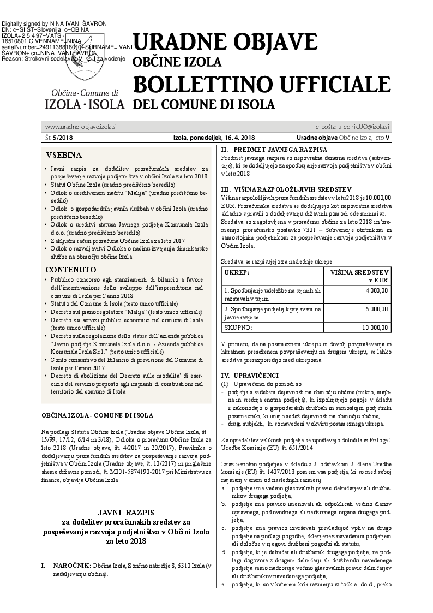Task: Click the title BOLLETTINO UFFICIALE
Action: [262, 84]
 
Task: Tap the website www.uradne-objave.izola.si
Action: [81, 127]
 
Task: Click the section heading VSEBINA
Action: [64, 154]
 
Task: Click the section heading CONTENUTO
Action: [71, 270]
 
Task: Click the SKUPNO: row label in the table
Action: [238, 328]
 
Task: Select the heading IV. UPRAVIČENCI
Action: [249, 376]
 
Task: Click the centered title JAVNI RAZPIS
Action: [126, 513]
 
